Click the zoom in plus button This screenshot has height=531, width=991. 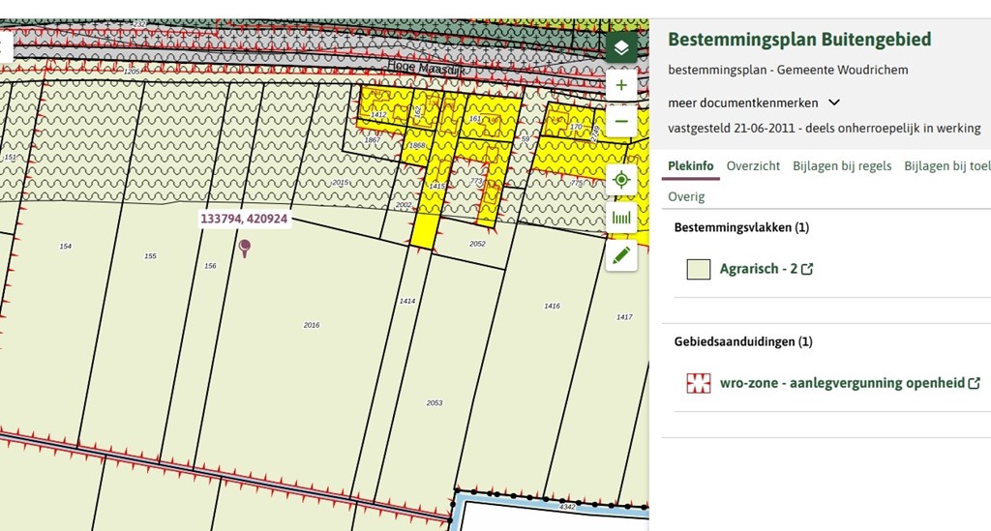[x=621, y=85]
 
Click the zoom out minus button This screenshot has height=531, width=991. [x=621, y=123]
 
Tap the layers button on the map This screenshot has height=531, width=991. [x=621, y=47]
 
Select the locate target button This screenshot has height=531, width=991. [x=621, y=180]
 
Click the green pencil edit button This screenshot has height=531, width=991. [x=621, y=255]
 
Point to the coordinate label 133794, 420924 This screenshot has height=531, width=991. [x=243, y=219]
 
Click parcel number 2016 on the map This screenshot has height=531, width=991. [x=312, y=325]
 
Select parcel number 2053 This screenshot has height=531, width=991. [x=435, y=402]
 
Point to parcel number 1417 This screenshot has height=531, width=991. [x=624, y=317]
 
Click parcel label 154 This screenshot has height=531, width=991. [x=65, y=247]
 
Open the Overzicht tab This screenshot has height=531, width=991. [x=753, y=166]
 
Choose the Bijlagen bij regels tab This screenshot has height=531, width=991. [x=842, y=166]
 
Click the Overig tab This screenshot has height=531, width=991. [x=686, y=197]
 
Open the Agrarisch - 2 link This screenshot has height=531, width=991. [x=759, y=269]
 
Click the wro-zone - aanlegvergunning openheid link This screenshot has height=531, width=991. [x=842, y=383]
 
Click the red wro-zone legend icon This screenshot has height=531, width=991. [x=699, y=383]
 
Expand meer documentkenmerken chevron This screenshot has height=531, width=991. [x=834, y=103]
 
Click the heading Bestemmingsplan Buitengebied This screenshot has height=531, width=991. [x=799, y=40]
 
